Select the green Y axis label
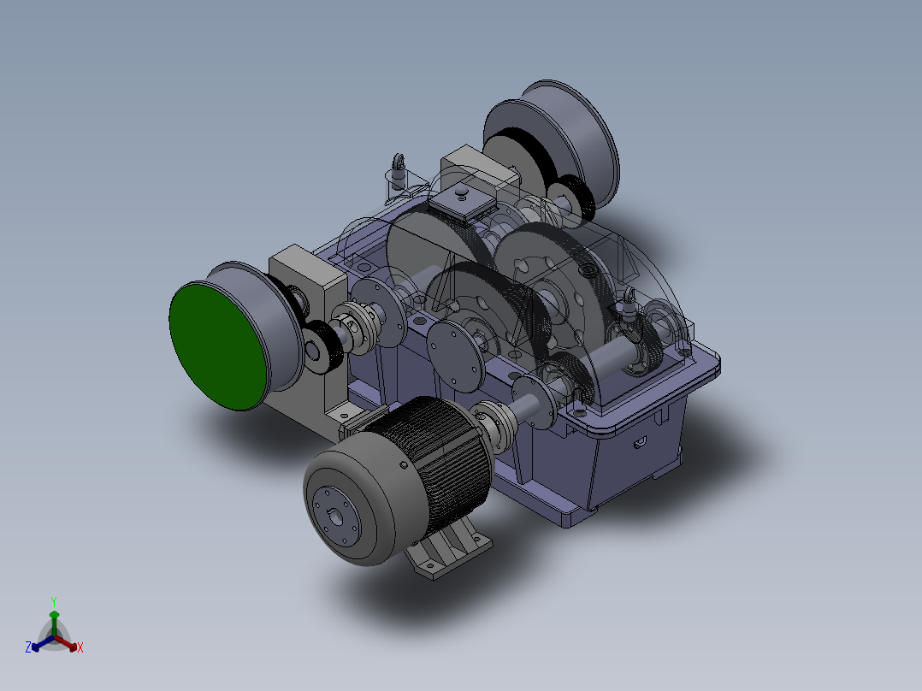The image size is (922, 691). (x=53, y=601)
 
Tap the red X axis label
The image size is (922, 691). (x=80, y=648)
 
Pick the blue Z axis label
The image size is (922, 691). (x=28, y=648)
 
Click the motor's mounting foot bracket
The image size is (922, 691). (x=449, y=552)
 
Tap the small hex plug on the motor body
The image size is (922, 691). (x=403, y=463)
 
